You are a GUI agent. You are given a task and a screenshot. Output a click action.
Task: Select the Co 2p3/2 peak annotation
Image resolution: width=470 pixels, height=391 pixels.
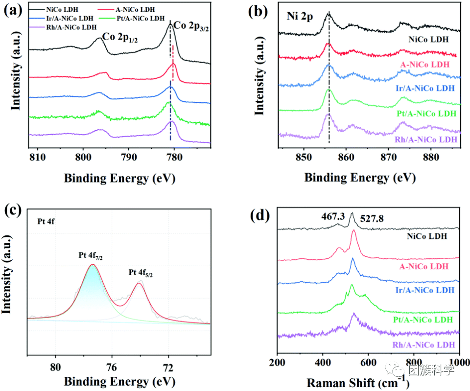click(x=193, y=23)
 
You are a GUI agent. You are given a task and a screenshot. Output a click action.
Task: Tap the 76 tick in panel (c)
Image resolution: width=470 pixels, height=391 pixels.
click(x=112, y=367)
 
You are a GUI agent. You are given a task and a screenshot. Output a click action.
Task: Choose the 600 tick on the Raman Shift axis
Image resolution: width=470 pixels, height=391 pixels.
click(x=368, y=362)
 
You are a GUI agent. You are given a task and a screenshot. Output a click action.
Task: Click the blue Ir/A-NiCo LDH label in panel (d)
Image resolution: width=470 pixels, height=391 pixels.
click(x=424, y=290)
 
